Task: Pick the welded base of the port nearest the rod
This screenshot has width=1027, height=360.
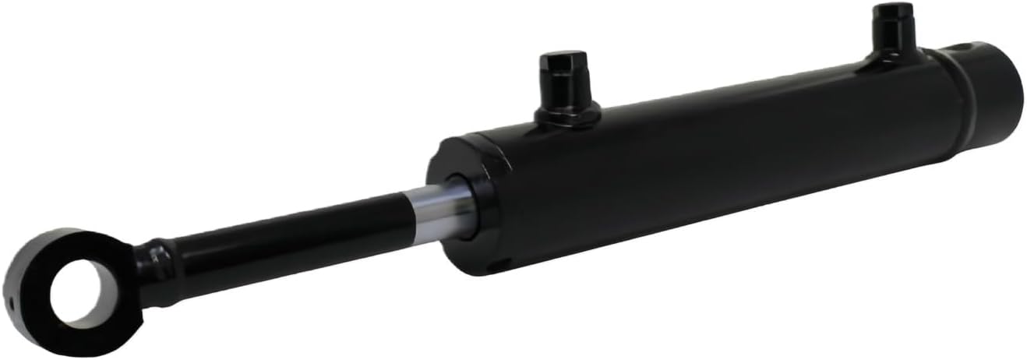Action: point(567,115)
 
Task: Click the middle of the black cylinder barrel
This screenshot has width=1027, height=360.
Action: point(725,164)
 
